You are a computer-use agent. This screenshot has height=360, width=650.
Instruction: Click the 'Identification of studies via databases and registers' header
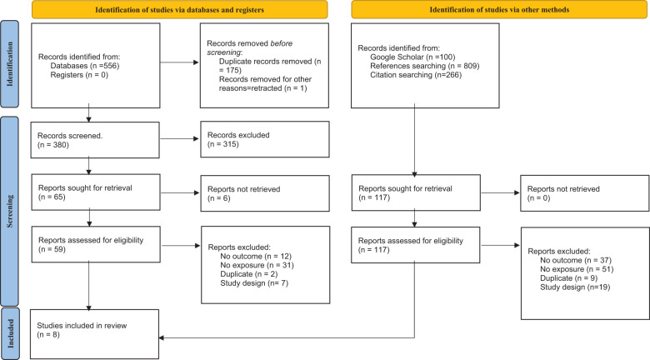[179, 9]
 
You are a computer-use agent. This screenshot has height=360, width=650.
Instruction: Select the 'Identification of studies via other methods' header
[499, 9]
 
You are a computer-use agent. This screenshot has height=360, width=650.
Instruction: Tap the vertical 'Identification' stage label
[9, 64]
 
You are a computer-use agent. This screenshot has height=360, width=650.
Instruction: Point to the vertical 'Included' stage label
[9, 333]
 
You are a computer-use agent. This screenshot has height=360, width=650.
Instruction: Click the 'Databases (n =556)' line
[85, 66]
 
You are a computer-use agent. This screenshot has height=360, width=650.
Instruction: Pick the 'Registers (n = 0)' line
[79, 75]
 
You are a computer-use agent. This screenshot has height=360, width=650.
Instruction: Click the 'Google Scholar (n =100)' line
[412, 57]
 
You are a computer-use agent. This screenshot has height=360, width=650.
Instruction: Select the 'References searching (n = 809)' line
[424, 66]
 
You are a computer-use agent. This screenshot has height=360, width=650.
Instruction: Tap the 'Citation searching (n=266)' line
[416, 75]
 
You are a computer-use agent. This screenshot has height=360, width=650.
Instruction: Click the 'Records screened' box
[95, 140]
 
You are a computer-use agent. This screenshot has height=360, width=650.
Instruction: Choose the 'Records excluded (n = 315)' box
[265, 139]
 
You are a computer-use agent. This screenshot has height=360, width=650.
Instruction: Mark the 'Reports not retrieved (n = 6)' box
[265, 193]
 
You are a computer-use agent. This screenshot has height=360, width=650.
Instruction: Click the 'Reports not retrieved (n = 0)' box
[585, 193]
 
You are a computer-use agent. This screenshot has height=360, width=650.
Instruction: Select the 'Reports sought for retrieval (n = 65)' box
[96, 192]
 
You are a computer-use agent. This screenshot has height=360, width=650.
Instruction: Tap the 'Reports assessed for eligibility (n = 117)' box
[415, 245]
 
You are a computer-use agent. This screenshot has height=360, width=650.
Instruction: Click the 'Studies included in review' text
[82, 326]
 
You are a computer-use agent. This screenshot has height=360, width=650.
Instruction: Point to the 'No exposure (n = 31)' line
[257, 265]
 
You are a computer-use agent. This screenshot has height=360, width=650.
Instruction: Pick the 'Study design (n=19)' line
[575, 287]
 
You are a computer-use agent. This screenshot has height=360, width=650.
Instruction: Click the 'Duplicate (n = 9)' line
[568, 277]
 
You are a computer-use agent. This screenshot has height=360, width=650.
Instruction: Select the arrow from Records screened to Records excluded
[179, 138]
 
